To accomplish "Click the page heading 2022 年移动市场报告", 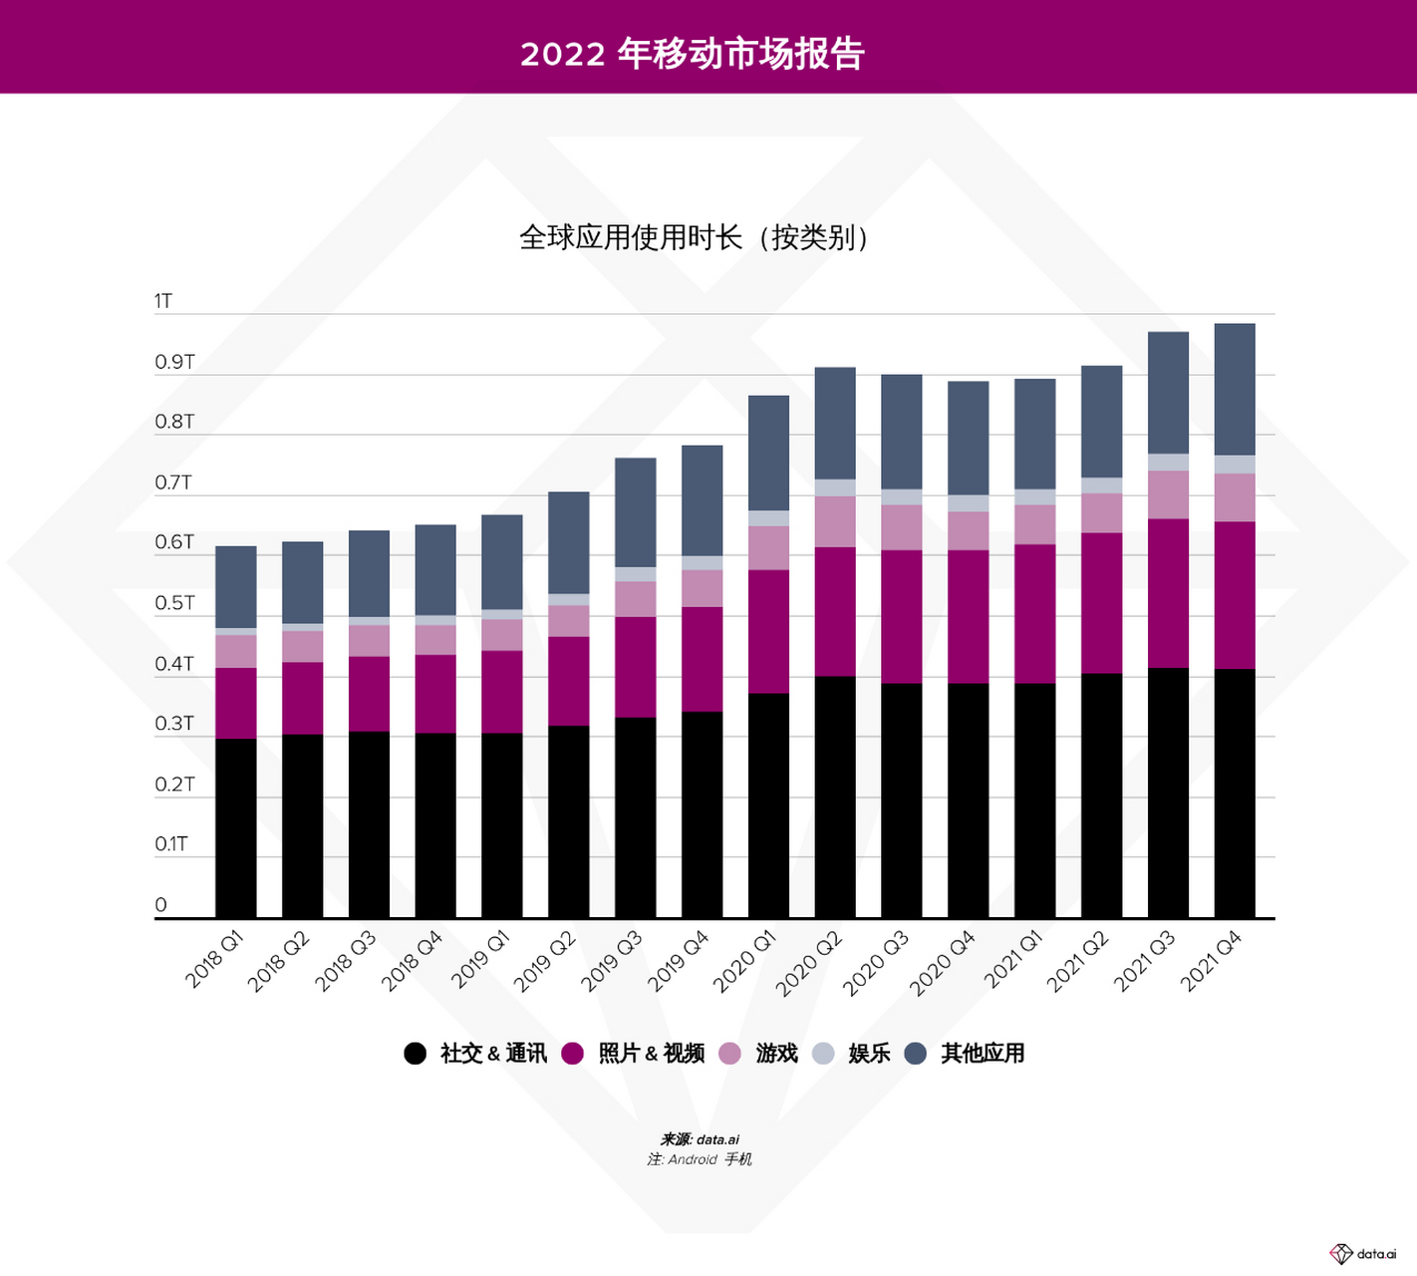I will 692,53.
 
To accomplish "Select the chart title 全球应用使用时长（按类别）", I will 695,238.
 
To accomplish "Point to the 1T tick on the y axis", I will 163,301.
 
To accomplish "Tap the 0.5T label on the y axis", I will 174,603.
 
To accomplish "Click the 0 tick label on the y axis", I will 161,905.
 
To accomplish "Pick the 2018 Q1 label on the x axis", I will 214,959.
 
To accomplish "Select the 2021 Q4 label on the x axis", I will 1211,960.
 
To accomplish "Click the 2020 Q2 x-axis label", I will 809,962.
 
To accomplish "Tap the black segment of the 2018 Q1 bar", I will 236,827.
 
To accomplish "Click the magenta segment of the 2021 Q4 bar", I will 1235,595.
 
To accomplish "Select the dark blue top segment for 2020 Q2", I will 835,423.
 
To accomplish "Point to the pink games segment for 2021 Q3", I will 1168,494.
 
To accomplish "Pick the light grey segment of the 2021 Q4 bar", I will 1235,465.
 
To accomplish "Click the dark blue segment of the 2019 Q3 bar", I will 636,512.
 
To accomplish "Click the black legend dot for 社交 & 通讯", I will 416,1054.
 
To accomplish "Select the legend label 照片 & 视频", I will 652,1054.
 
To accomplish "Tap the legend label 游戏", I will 777,1054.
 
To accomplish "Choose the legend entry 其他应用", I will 983,1054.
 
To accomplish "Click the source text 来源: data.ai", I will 700,1139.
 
